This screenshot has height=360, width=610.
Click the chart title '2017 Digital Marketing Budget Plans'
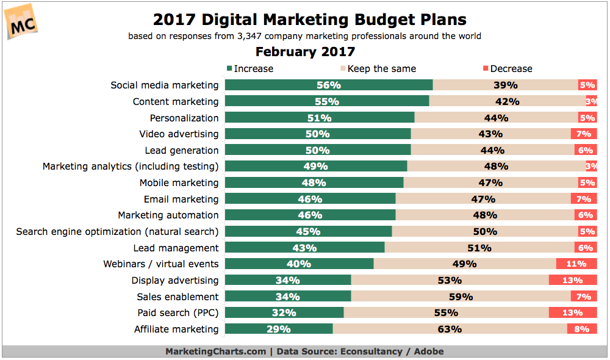309,20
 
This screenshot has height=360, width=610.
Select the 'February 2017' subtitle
305,52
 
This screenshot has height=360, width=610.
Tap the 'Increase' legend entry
249,68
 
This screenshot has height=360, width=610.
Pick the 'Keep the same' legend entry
378,68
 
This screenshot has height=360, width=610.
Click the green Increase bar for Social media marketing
329,85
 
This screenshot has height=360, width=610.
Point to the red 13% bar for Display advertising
573,280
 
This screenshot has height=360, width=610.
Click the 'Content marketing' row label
175,101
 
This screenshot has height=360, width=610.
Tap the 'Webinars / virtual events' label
161,264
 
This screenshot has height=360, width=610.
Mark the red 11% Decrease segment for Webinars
576,264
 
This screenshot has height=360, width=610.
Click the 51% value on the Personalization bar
320,118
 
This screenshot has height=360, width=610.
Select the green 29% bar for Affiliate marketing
279,329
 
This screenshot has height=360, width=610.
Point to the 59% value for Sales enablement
461,297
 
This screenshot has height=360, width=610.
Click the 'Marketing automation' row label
168,215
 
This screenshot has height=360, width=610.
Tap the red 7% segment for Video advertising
584,134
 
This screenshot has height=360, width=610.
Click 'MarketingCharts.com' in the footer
215,351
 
